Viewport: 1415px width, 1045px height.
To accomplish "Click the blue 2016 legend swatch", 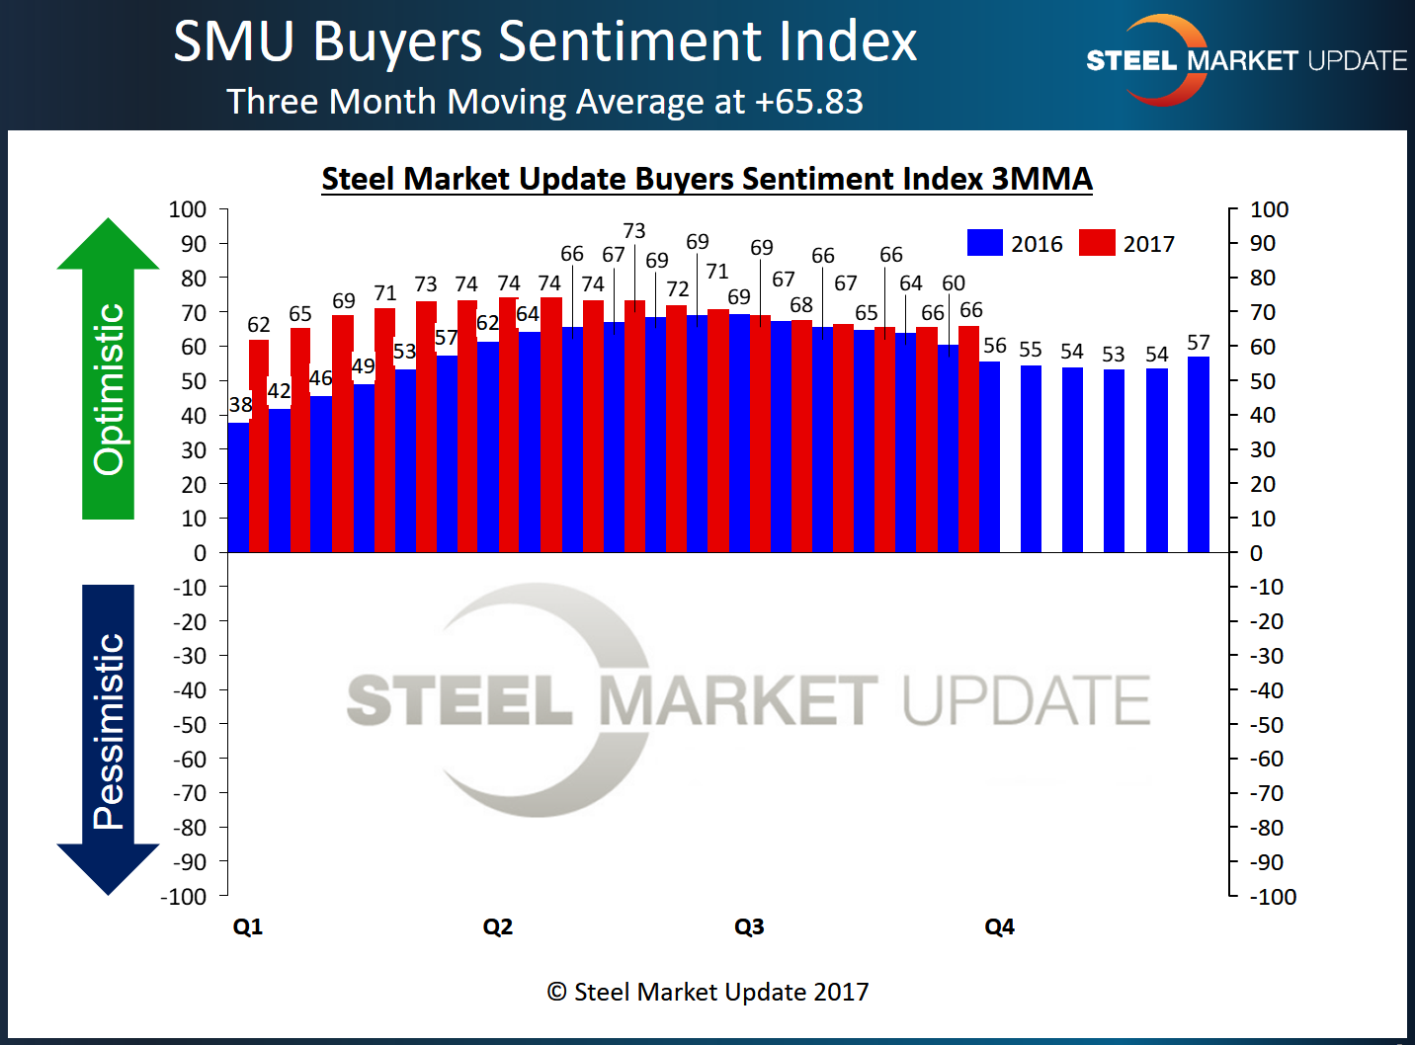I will tap(984, 243).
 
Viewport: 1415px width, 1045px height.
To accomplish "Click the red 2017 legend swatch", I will tap(1096, 243).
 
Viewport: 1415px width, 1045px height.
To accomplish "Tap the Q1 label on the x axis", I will tap(248, 926).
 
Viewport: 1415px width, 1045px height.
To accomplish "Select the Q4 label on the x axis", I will tap(999, 926).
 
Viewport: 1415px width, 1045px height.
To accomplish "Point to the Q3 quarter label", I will tap(749, 926).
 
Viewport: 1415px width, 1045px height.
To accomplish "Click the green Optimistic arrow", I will tap(108, 375).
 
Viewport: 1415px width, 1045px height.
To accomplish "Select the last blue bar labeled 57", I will tap(1198, 454).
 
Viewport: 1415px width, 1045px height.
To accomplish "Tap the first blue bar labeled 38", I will tap(238, 489).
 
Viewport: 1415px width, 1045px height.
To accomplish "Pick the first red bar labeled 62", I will tap(259, 444).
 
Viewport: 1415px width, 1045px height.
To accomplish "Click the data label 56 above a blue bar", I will tap(994, 346).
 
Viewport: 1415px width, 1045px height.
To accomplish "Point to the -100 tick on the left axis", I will tap(184, 897).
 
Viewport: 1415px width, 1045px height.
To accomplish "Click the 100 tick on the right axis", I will tap(1269, 209).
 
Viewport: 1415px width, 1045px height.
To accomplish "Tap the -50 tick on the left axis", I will tap(189, 725).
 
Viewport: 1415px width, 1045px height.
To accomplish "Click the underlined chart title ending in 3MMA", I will tap(707, 179).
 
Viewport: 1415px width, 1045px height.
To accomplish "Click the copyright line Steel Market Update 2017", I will tap(707, 992).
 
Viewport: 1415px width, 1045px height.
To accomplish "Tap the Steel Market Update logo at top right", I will tap(1245, 60).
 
